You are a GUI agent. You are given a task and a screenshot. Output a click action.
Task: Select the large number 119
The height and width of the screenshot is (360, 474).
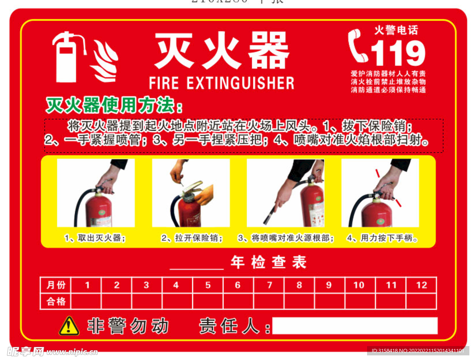point(398,52)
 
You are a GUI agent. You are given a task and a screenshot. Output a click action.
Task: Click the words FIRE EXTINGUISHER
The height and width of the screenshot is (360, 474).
point(221,83)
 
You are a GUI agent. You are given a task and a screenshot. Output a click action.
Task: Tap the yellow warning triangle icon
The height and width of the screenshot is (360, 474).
point(69,326)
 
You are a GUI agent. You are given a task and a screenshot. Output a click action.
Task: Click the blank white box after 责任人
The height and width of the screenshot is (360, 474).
point(355,326)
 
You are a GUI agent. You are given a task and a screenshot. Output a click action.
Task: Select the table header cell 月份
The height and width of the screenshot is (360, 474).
point(56,285)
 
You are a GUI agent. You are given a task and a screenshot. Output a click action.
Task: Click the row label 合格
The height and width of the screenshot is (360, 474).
point(56,301)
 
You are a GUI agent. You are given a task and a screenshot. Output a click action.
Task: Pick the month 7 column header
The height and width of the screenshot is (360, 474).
point(269,285)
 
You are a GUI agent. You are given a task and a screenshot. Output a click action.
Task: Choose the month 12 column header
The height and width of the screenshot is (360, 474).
point(421,285)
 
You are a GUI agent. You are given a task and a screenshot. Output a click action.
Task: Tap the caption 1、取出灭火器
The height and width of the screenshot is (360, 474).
point(95,238)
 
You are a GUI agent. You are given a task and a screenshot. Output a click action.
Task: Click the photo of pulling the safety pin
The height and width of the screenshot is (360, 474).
point(191,193)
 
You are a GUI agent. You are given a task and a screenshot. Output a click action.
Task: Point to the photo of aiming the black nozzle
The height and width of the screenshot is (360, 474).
point(285,193)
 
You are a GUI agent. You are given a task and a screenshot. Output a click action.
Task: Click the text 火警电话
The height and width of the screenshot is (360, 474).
point(396,31)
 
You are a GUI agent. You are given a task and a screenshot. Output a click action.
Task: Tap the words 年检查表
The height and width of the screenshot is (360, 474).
point(268,263)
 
